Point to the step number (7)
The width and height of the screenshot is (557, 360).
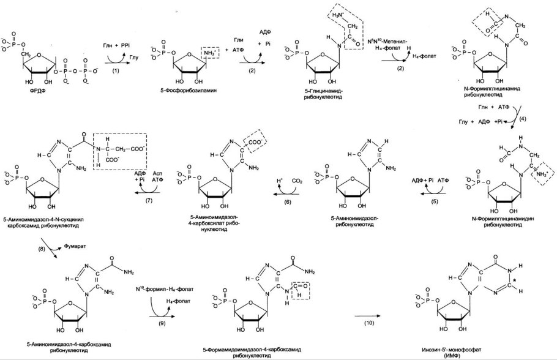click(x=148, y=201)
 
